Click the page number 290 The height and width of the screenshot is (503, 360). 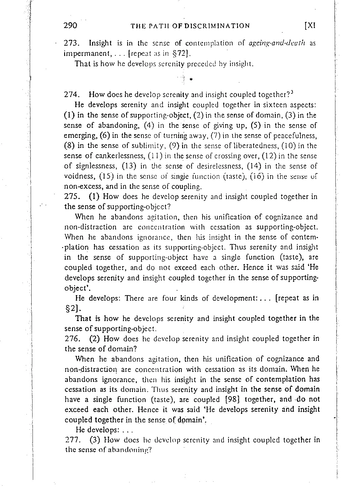[x=71, y=25]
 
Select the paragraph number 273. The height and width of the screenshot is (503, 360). [x=71, y=43]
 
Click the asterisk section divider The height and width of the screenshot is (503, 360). [x=191, y=80]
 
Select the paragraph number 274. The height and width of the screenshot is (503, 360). [x=71, y=95]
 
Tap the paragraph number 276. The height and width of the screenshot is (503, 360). [x=71, y=339]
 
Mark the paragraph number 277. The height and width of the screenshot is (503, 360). [x=71, y=440]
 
